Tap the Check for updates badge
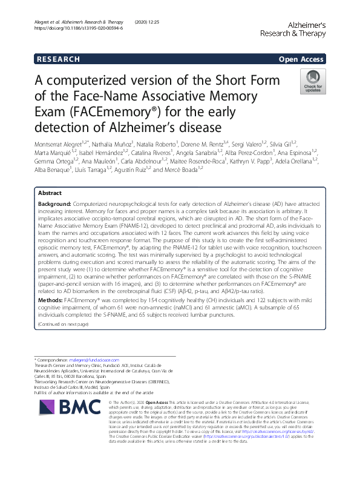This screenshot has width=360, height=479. (313, 81)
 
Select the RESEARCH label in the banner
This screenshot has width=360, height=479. (58, 59)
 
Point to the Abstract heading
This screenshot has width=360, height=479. (50, 176)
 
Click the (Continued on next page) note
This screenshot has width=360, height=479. (64, 324)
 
